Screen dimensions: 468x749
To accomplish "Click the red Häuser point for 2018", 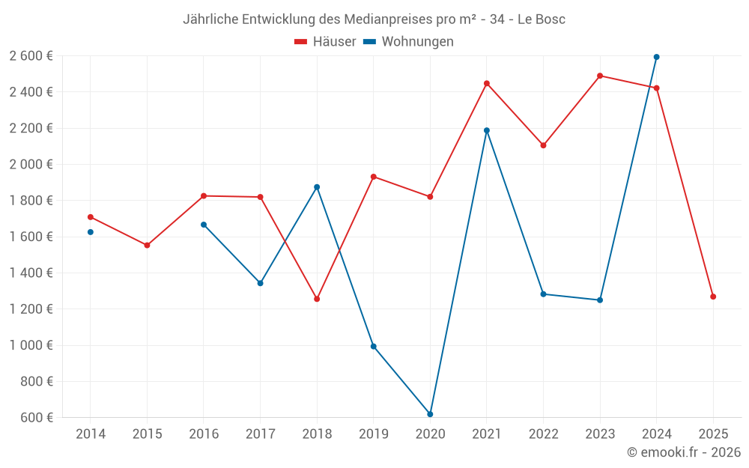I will click(x=317, y=299).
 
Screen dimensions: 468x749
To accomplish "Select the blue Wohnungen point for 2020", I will click(x=430, y=414).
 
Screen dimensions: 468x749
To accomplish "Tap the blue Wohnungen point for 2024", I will click(x=656, y=57).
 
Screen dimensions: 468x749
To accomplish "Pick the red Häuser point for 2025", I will click(x=713, y=297).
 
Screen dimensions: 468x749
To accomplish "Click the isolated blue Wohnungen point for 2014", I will click(x=91, y=232).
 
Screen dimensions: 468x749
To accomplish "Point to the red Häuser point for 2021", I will click(x=487, y=83).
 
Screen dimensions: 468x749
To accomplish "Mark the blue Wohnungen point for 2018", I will click(x=317, y=187).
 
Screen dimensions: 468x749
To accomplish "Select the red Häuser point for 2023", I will click(x=600, y=76).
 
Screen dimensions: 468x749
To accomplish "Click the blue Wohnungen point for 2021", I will click(x=487, y=130).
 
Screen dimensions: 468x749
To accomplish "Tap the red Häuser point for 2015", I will click(x=147, y=245).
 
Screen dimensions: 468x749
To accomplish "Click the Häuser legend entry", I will click(x=326, y=42).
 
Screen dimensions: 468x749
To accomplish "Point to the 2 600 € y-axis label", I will click(x=31, y=55).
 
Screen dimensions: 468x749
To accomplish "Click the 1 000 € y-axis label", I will click(x=31, y=345).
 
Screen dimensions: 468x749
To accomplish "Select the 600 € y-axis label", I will click(x=36, y=417).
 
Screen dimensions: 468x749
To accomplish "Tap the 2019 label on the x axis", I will click(x=374, y=434).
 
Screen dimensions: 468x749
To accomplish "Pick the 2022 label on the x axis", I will click(x=543, y=434).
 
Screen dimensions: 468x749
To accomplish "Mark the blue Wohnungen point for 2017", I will click(x=260, y=283).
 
